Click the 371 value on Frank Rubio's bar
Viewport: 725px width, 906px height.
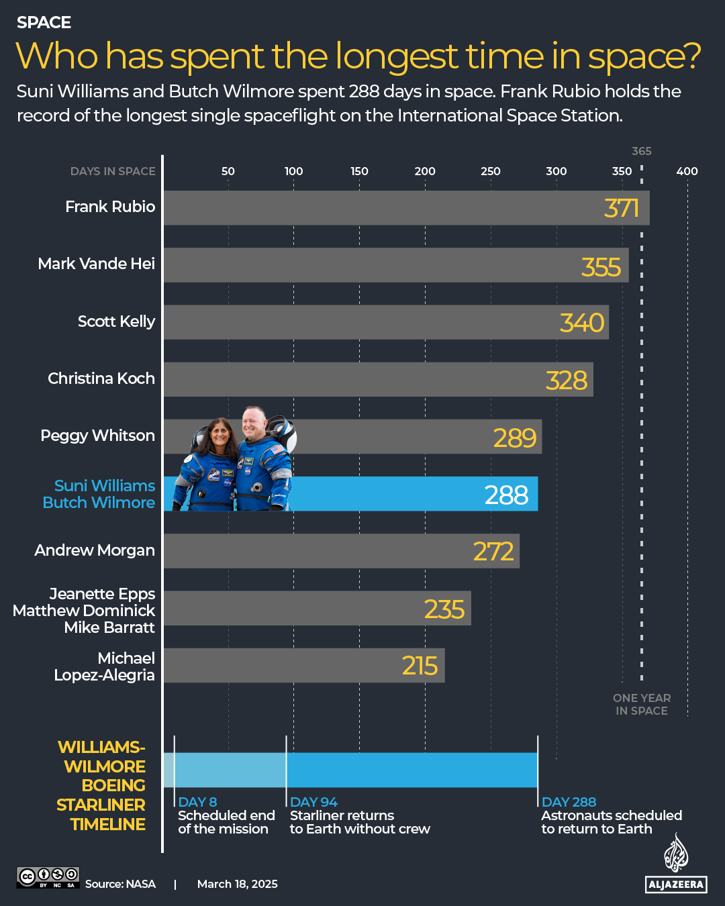coord(621,208)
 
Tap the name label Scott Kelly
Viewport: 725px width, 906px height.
coord(116,321)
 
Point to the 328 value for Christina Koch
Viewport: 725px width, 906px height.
coord(567,381)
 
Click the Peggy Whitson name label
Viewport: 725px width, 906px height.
coord(97,436)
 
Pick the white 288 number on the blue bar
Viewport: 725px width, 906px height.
coord(506,495)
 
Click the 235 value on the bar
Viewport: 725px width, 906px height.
coord(444,609)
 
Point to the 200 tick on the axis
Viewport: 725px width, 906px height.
coord(425,171)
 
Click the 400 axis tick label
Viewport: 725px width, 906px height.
coord(687,171)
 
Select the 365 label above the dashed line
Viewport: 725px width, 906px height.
coord(642,151)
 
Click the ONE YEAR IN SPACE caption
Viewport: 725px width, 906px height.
coord(642,705)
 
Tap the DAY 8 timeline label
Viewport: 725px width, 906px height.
coord(197,802)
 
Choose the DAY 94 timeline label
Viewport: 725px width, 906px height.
coord(313,802)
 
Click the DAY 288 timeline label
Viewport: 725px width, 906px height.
coord(569,802)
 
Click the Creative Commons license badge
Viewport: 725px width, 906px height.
coord(48,877)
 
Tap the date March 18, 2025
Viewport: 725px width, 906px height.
coord(237,884)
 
